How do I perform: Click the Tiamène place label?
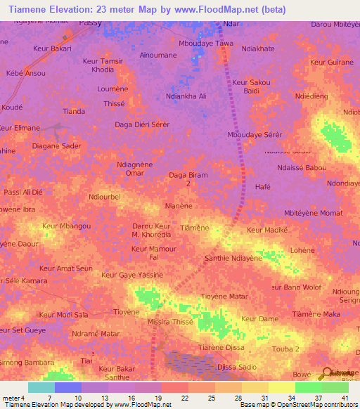[195, 228]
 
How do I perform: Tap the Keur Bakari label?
[52, 48]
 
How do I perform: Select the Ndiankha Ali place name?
[186, 96]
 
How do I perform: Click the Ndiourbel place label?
[105, 197]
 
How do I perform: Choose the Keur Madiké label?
[268, 230]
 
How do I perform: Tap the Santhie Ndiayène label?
[233, 258]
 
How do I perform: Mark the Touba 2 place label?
[285, 349]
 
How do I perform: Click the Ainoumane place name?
[159, 54]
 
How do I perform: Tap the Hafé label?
[262, 187]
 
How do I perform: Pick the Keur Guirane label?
[331, 63]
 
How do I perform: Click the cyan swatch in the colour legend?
[41, 387]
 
